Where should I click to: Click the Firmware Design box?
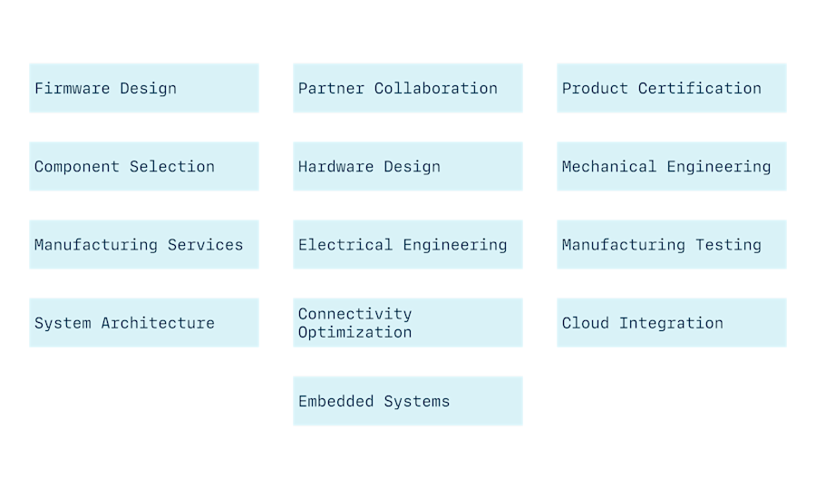tap(143, 88)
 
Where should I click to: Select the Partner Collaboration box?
tap(407, 88)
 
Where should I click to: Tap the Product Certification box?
tap(671, 88)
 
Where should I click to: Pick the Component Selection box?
tap(143, 166)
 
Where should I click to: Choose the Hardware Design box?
tap(407, 166)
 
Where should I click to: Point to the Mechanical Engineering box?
tap(671, 166)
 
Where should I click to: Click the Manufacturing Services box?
tap(143, 244)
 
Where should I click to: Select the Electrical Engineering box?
tap(407, 244)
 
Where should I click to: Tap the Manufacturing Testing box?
tap(671, 244)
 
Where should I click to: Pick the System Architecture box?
tap(143, 322)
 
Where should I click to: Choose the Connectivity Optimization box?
tap(407, 322)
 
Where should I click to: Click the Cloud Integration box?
tap(671, 322)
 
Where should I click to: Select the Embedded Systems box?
tap(407, 400)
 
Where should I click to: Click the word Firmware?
tap(73, 88)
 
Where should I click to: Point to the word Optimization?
tap(355, 332)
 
